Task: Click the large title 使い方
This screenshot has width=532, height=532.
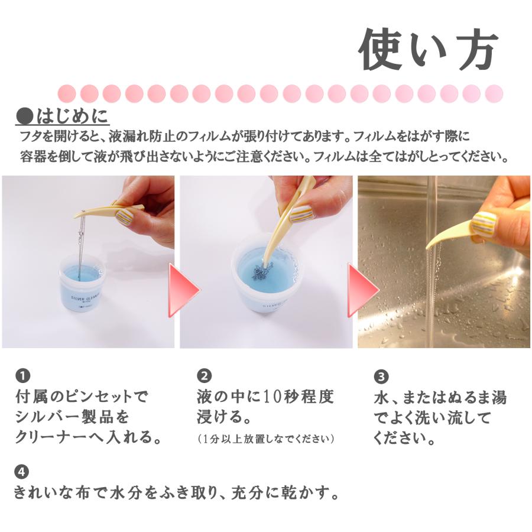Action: pyautogui.click(x=428, y=50)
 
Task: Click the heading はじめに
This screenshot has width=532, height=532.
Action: pyautogui.click(x=63, y=116)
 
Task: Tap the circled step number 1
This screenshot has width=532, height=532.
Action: pyautogui.click(x=22, y=375)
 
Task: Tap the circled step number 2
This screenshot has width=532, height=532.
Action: pyautogui.click(x=204, y=375)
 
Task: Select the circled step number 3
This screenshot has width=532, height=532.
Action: pyautogui.click(x=381, y=377)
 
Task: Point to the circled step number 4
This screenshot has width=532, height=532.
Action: pyautogui.click(x=22, y=471)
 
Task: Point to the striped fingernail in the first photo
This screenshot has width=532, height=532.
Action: pyautogui.click(x=125, y=216)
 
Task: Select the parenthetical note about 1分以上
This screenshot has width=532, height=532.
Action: pyautogui.click(x=265, y=439)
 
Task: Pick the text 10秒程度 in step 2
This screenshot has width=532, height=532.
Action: pyautogui.click(x=299, y=396)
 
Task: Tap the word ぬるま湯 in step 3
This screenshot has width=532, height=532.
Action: pyautogui.click(x=476, y=397)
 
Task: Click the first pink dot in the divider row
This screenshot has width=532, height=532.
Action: pyautogui.click(x=66, y=93)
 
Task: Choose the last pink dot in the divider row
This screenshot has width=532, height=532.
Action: pyautogui.click(x=494, y=93)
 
